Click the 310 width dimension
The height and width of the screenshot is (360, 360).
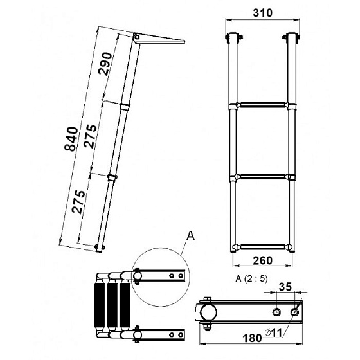(263, 13)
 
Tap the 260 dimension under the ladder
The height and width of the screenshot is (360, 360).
(263, 260)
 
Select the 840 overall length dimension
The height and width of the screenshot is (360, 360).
(71, 139)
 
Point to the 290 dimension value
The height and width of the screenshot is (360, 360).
(105, 64)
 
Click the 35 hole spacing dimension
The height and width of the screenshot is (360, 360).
(285, 287)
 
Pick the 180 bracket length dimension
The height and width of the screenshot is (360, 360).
(252, 338)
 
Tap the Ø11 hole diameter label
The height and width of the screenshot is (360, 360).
(273, 333)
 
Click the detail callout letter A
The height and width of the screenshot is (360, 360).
(190, 236)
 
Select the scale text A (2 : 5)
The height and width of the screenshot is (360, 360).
(251, 279)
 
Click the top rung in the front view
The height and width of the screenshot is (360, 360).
(263, 105)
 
